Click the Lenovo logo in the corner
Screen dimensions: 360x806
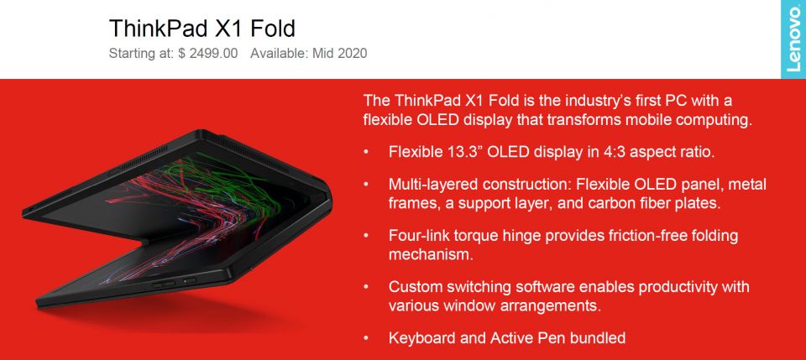pyautogui.click(x=793, y=39)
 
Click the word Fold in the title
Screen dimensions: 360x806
pyautogui.click(x=270, y=28)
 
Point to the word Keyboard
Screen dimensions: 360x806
pyautogui.click(x=421, y=338)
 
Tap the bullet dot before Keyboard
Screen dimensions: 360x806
pyautogui.click(x=366, y=338)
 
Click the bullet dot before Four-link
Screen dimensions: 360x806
pyautogui.click(x=366, y=236)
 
